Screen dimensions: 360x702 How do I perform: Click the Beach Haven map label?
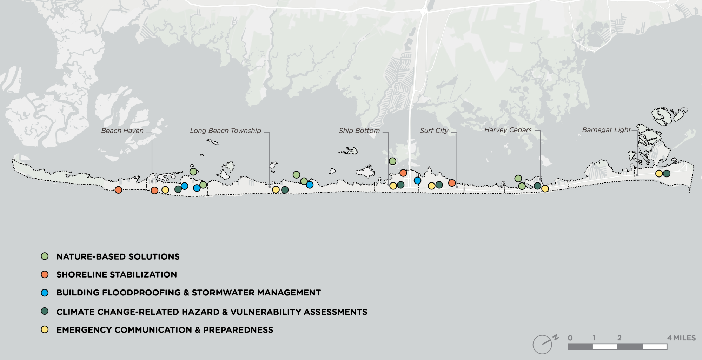(x=122, y=131)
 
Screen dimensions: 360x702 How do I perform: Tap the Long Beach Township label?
(x=225, y=131)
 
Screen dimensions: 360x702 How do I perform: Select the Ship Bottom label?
(x=359, y=131)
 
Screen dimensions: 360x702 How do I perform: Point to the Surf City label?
(x=434, y=131)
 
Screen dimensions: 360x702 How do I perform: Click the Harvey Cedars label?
(x=508, y=130)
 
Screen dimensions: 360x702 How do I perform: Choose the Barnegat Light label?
(x=606, y=130)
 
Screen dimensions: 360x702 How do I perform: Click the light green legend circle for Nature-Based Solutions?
(x=45, y=256)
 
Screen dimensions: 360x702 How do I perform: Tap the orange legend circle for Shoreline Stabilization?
(x=45, y=274)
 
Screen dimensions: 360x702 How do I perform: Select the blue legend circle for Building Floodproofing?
(x=45, y=293)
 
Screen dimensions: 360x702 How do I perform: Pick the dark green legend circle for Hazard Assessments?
(x=45, y=311)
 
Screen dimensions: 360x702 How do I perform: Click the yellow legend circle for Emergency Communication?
(x=45, y=329)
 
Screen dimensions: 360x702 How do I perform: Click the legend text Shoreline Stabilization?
(x=117, y=275)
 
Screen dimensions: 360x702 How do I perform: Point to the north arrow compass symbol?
(x=543, y=344)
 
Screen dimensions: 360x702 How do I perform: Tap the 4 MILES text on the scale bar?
(x=681, y=338)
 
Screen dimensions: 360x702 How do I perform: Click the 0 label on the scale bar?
(x=570, y=338)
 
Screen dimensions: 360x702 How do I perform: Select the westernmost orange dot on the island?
(x=118, y=190)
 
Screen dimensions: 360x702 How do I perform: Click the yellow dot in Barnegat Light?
(x=659, y=173)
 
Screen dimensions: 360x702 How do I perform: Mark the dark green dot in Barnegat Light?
(x=667, y=173)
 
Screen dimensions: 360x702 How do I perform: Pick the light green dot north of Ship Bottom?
(x=392, y=161)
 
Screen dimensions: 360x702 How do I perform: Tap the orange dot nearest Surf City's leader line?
(x=452, y=183)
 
